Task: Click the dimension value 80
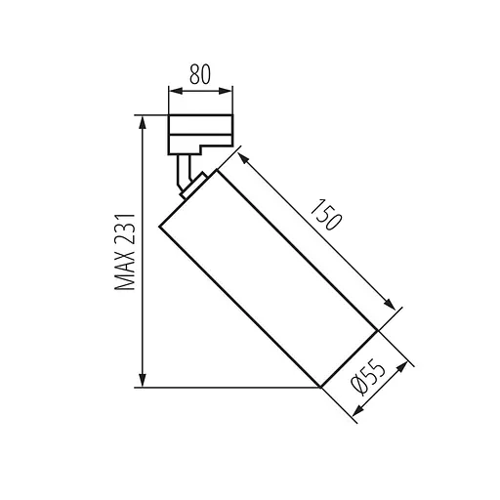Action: [201, 73]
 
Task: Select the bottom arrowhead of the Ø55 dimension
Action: [357, 415]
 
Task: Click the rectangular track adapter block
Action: [200, 132]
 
